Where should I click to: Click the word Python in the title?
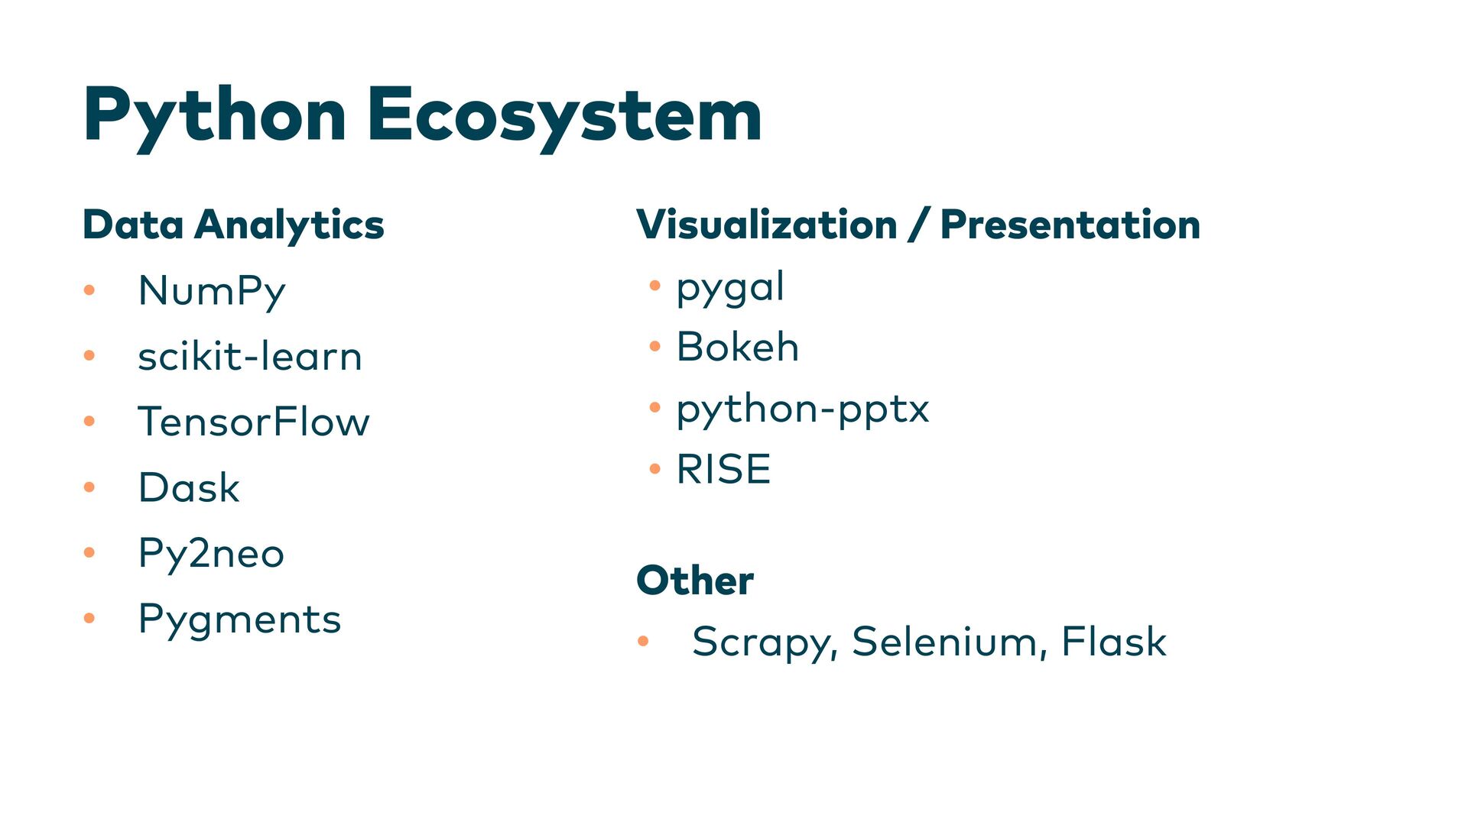click(215, 116)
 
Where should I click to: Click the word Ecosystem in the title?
click(564, 116)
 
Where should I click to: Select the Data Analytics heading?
click(233, 225)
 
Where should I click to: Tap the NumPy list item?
click(212, 291)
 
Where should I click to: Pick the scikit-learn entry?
click(250, 357)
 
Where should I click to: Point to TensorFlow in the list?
click(254, 422)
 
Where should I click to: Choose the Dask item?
click(189, 487)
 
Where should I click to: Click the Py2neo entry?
click(211, 553)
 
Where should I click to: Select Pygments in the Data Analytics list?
click(239, 620)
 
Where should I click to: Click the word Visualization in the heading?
click(766, 225)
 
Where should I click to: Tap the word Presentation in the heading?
click(1070, 225)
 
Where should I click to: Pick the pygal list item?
click(730, 287)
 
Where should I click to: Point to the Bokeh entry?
click(738, 347)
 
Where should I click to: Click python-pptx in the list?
click(803, 409)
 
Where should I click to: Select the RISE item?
click(723, 469)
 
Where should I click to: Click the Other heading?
click(694, 581)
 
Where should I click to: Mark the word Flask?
click(1113, 642)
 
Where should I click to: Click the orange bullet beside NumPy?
click(89, 290)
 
